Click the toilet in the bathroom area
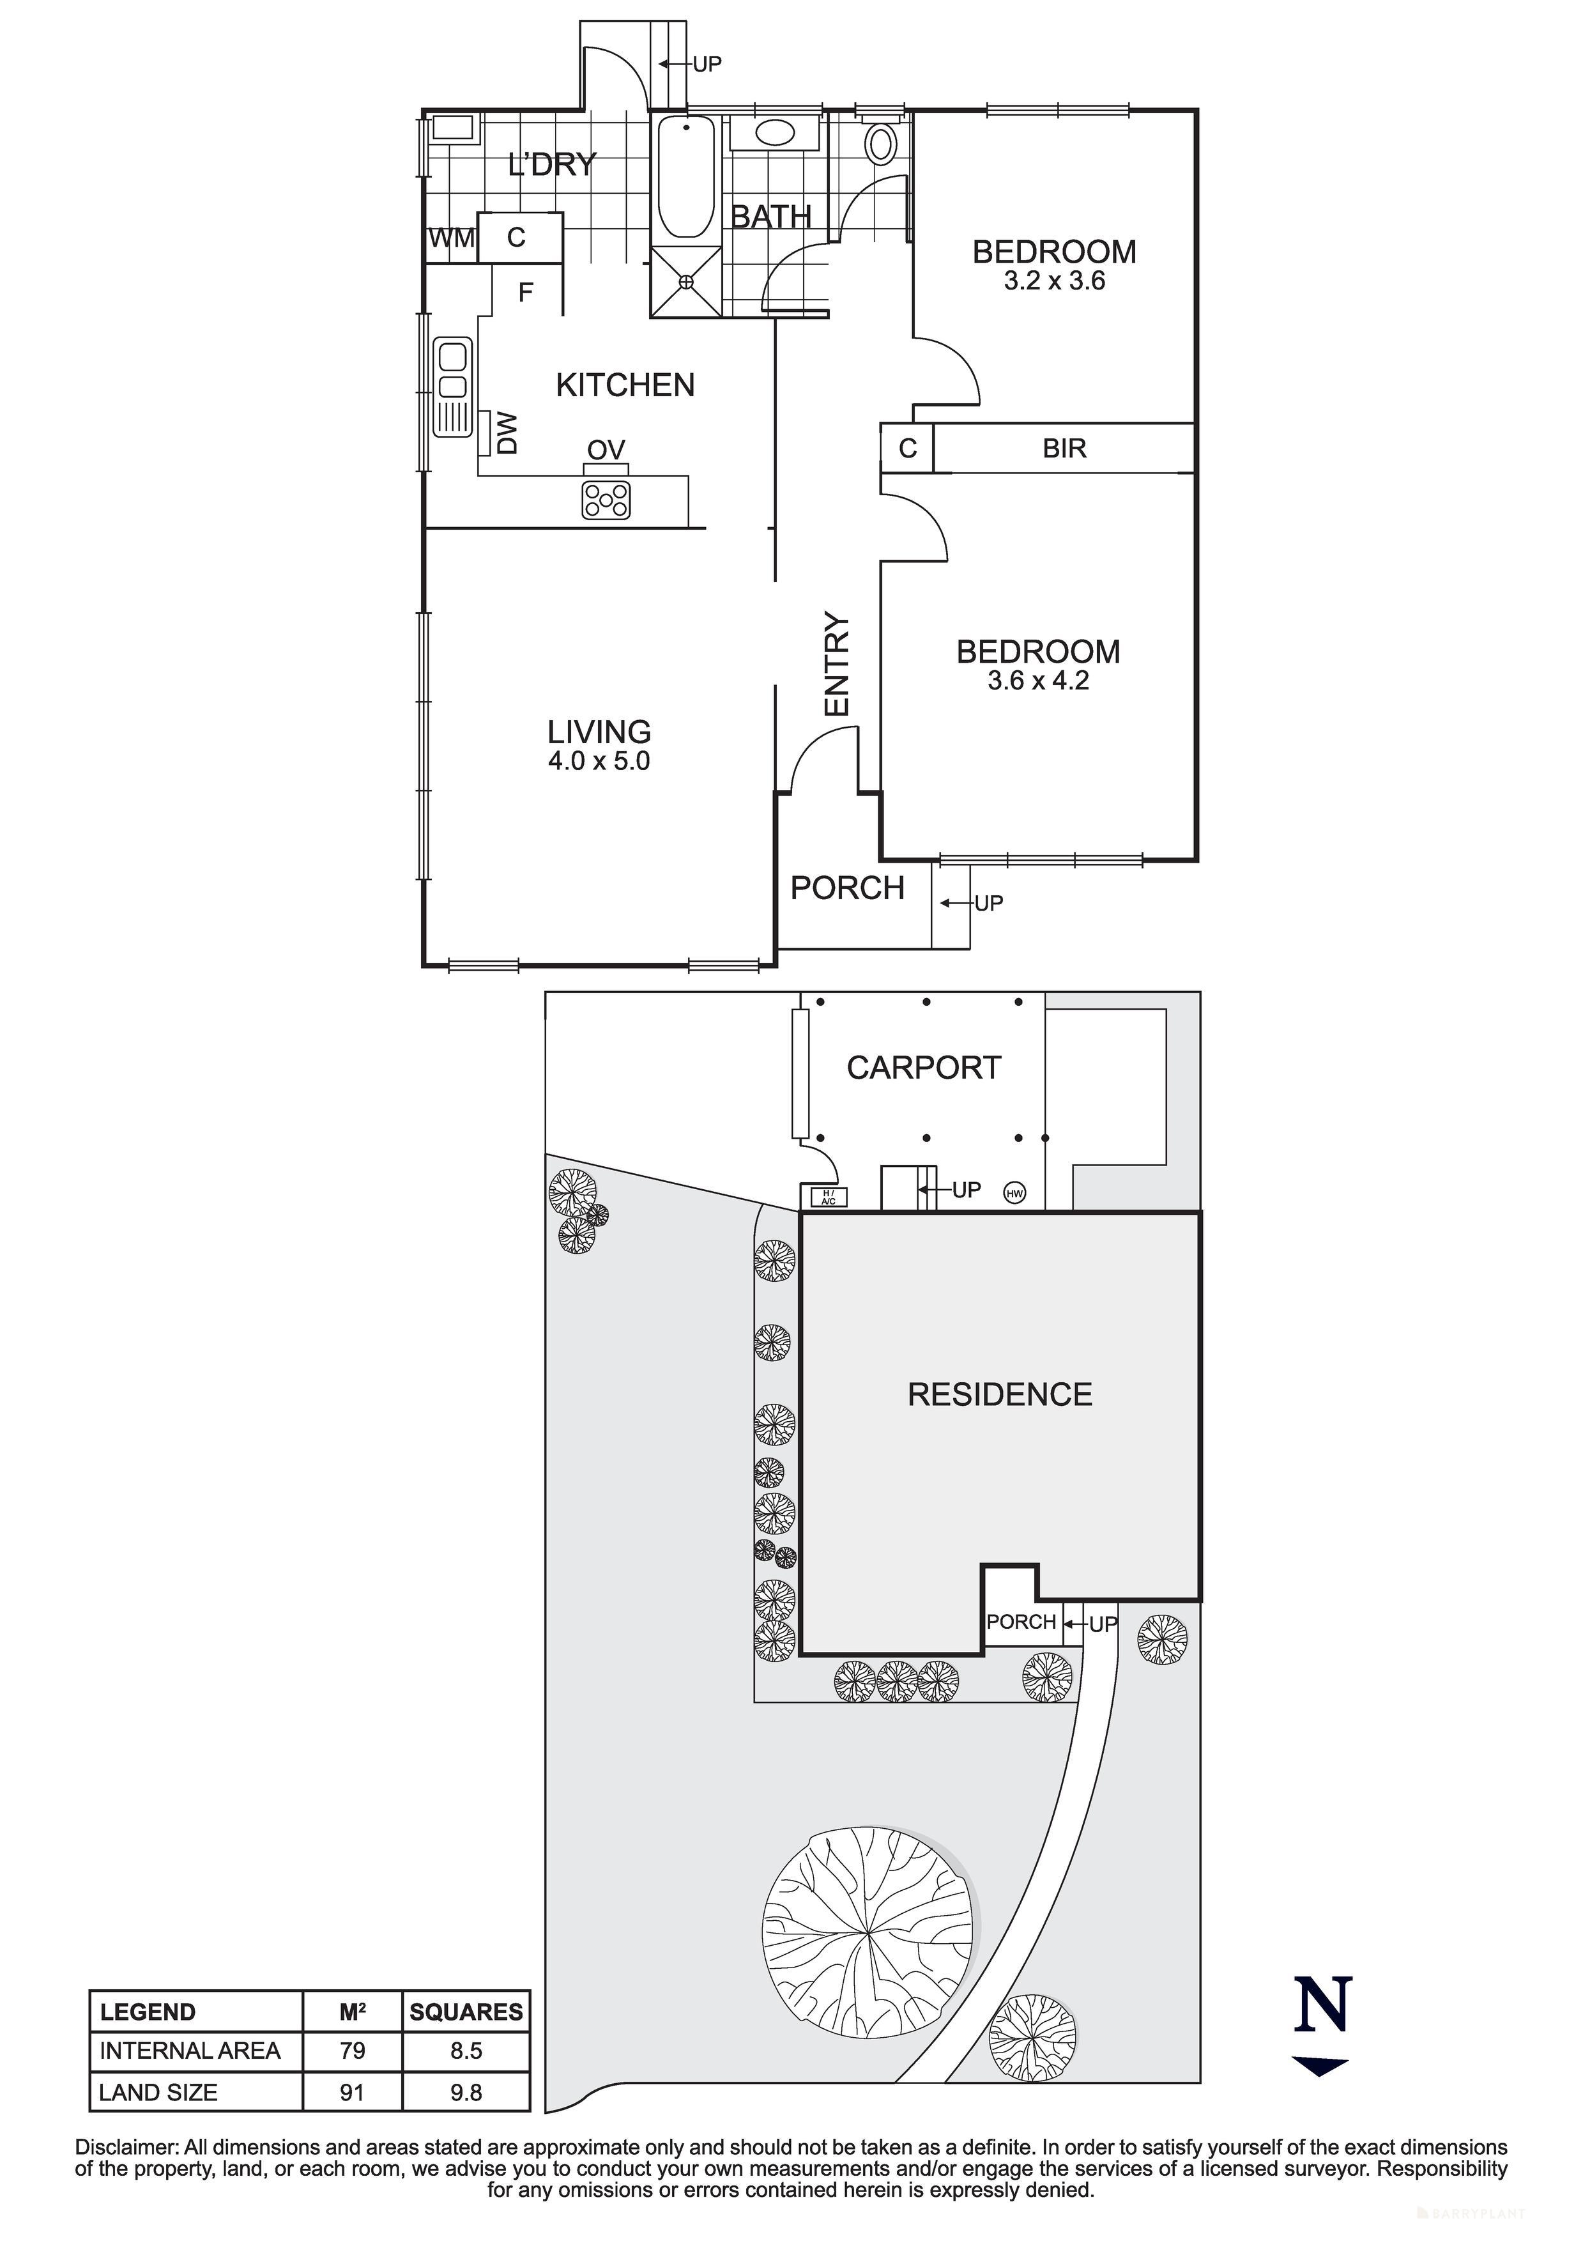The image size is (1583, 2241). (x=882, y=144)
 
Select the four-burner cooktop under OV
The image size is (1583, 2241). (x=606, y=501)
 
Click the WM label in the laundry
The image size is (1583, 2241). (x=451, y=238)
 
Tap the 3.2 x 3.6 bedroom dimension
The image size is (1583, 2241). (x=1054, y=282)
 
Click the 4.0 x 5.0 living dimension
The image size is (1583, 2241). (x=599, y=760)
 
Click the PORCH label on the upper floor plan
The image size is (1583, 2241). (x=847, y=888)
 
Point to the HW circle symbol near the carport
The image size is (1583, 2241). (x=1015, y=1193)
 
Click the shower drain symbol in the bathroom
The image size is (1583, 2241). (x=686, y=281)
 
